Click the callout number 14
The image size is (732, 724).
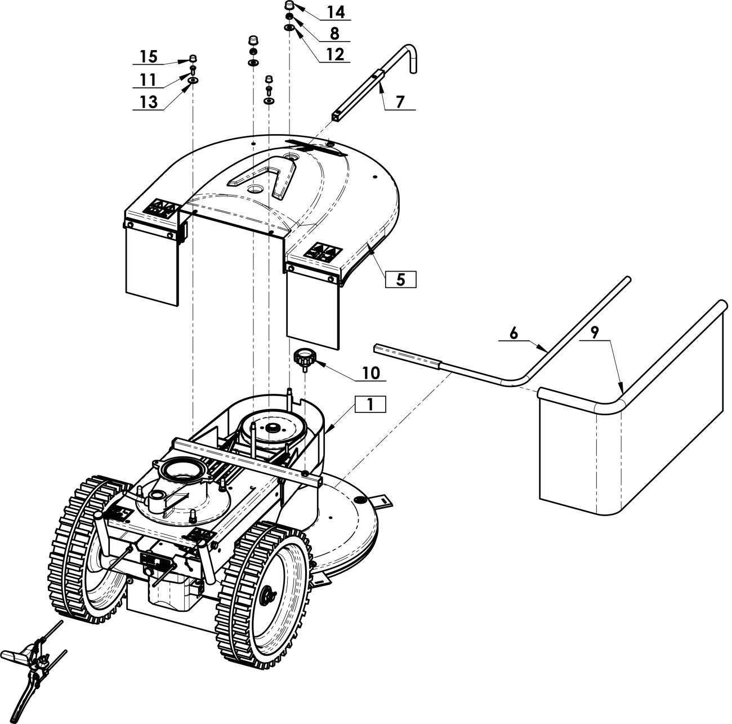point(336,12)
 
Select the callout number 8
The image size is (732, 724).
point(334,33)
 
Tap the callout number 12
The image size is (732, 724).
point(335,55)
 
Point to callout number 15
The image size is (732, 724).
point(149,57)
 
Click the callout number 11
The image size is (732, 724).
point(148,80)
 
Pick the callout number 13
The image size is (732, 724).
point(149,102)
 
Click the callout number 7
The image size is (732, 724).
point(400,102)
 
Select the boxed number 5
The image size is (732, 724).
point(401,279)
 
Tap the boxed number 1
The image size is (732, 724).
point(371,404)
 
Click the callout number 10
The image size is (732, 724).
point(371,373)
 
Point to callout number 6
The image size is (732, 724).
point(514,333)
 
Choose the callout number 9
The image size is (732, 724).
point(595,333)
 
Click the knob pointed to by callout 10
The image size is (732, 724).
point(305,359)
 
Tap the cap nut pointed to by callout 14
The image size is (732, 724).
point(289,6)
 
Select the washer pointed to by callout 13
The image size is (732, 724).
point(193,81)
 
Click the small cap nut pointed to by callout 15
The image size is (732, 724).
point(193,59)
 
